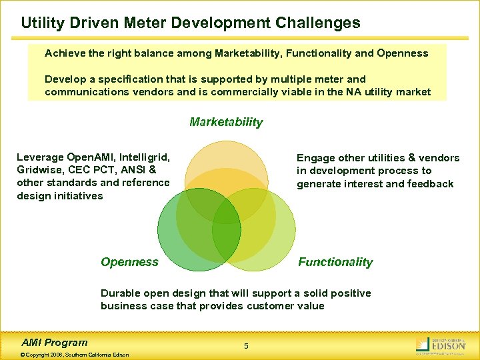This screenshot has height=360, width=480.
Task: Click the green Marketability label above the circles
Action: click(x=226, y=122)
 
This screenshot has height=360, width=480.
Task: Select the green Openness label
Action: click(x=130, y=262)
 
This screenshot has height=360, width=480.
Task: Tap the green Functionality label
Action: click(x=335, y=262)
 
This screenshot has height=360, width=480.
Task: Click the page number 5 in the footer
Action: click(x=246, y=346)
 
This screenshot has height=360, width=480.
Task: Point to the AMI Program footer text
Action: click(x=55, y=343)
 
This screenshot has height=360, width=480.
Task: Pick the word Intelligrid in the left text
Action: click(x=143, y=157)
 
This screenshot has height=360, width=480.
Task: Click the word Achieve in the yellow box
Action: click(x=64, y=52)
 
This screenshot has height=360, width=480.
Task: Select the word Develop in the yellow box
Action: click(x=65, y=79)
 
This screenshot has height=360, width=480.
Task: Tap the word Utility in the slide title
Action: click(x=41, y=23)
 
